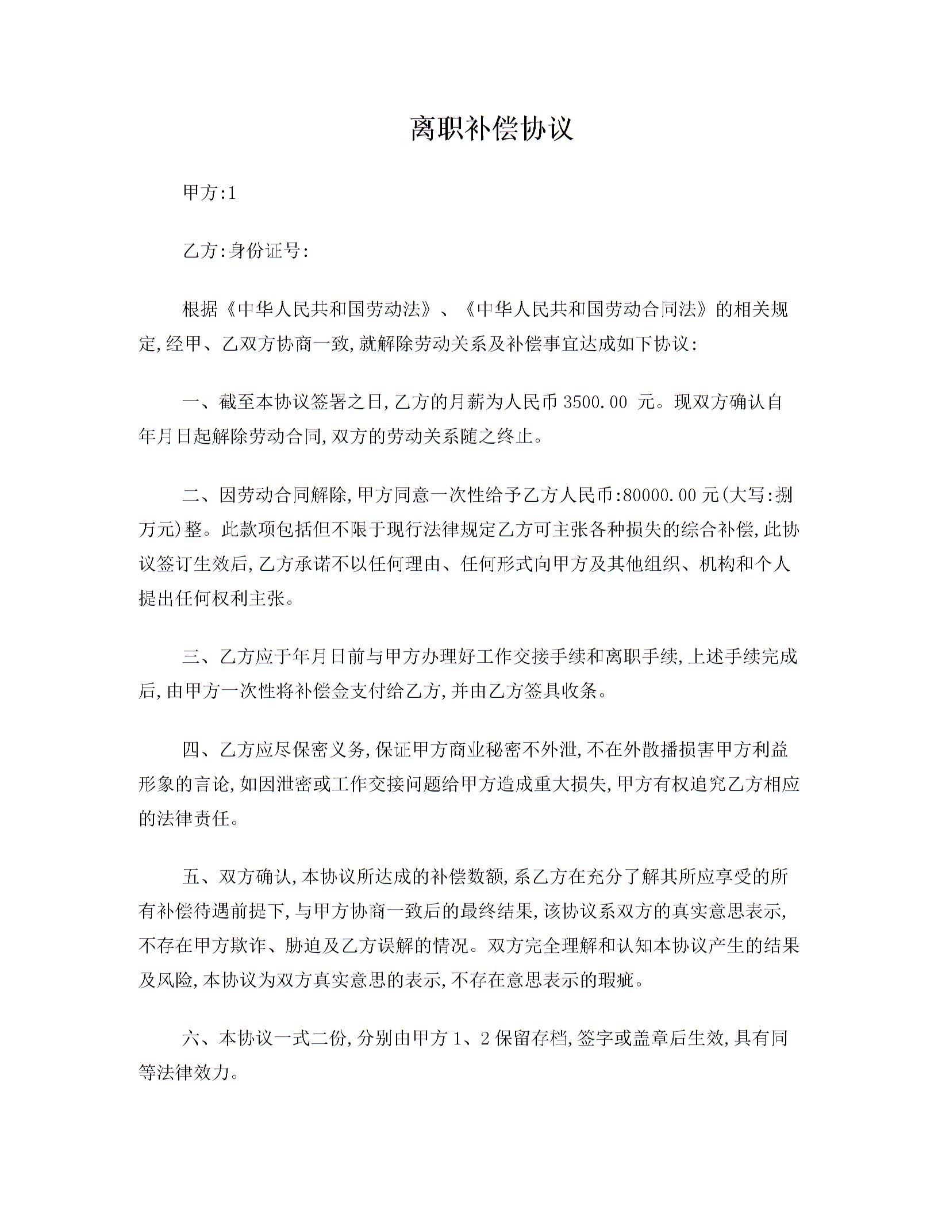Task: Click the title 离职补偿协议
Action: click(x=492, y=128)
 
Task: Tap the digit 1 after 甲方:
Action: click(x=232, y=194)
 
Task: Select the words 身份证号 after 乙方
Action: click(x=265, y=251)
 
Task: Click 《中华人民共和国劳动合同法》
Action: click(x=586, y=310)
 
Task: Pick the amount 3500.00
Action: click(x=595, y=402)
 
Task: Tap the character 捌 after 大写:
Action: click(x=783, y=495)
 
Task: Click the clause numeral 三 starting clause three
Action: click(x=191, y=657)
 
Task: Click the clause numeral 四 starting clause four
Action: click(x=191, y=750)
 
